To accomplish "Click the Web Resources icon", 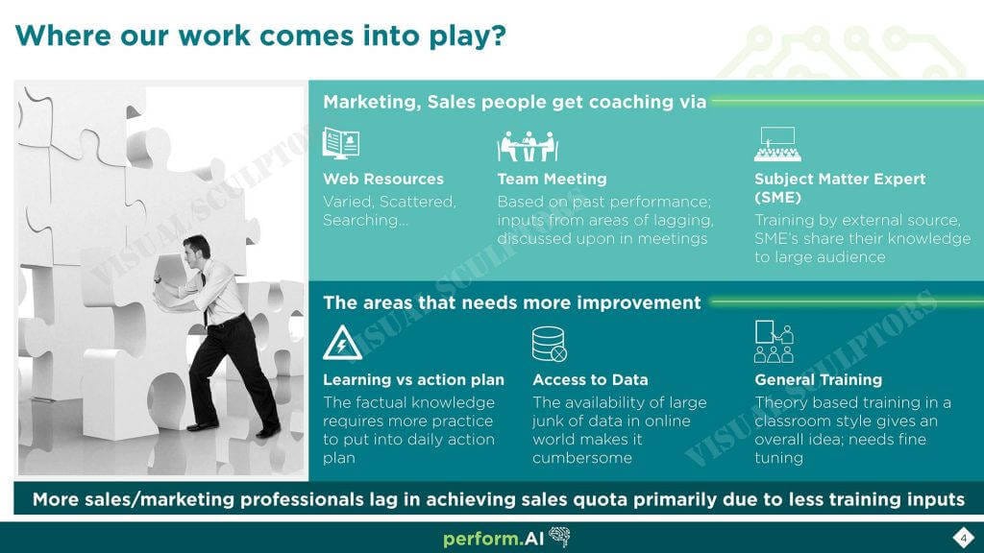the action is click(x=341, y=143).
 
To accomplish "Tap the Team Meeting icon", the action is click(x=528, y=146).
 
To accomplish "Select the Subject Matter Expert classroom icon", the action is click(x=777, y=144).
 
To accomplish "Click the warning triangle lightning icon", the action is click(x=342, y=343).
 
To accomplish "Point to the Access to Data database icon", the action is click(x=549, y=344).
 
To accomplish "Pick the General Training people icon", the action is click(x=774, y=342).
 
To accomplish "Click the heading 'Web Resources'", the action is click(x=382, y=180).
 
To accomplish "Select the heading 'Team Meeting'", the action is click(x=552, y=180).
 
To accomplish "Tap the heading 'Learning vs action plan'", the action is click(x=413, y=380).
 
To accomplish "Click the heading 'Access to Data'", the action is click(x=590, y=380).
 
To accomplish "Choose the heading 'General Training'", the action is click(x=819, y=380).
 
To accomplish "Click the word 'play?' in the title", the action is click(x=468, y=37).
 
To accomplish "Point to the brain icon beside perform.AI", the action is click(x=559, y=537).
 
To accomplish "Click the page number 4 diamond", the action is click(x=963, y=538).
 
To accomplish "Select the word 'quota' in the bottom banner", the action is click(x=602, y=500).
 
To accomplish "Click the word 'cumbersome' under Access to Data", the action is click(x=581, y=458).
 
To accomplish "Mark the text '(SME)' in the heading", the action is click(x=777, y=198).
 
